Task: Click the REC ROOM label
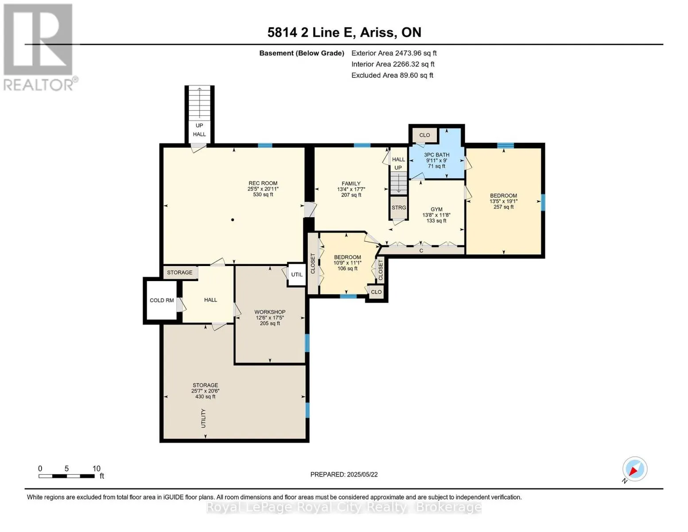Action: [263, 183]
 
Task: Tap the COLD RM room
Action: [161, 300]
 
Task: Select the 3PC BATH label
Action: [437, 155]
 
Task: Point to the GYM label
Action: [436, 209]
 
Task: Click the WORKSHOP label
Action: [270, 312]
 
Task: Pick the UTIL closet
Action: [296, 274]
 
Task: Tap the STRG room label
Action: [399, 207]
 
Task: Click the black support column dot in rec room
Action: [233, 219]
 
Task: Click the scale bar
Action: [66, 476]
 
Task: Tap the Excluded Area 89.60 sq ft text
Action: [392, 75]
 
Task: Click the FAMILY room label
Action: [351, 184]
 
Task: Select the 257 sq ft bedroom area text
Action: [503, 207]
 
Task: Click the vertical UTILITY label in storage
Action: [203, 418]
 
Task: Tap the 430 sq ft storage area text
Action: [205, 396]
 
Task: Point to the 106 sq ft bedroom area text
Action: [347, 268]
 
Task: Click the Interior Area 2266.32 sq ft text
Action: [393, 64]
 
